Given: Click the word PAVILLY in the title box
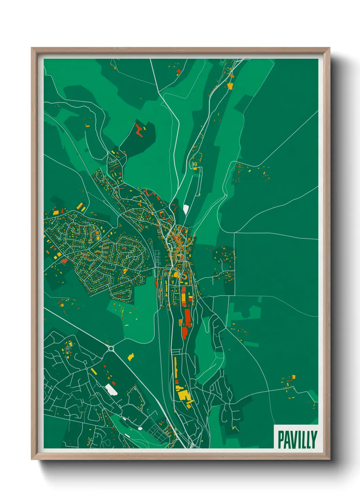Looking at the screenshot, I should coord(297,440).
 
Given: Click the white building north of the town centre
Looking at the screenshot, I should coord(186,209).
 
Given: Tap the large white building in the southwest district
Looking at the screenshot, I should coord(111,389).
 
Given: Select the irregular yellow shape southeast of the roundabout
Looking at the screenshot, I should coord(131,357).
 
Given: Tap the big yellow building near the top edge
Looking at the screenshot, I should coord(230,86).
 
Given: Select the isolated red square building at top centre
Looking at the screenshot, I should coord(178,71).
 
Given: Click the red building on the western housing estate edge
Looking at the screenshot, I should coord(63,261).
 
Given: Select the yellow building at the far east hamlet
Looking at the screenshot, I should coord(293,377).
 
